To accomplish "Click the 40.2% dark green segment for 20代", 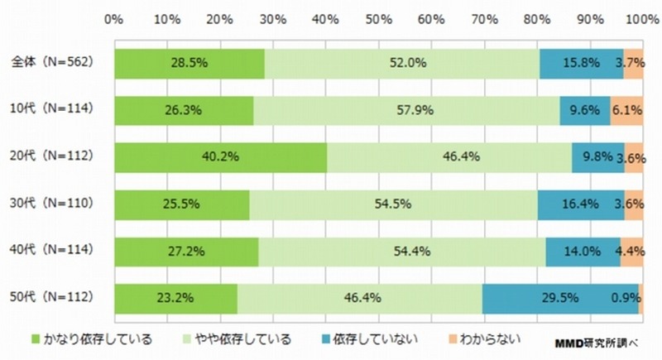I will click(x=220, y=156).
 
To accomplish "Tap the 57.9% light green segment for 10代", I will click(x=406, y=109).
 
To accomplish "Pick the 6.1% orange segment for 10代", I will click(x=627, y=109).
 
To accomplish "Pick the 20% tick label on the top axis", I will click(x=220, y=17).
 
